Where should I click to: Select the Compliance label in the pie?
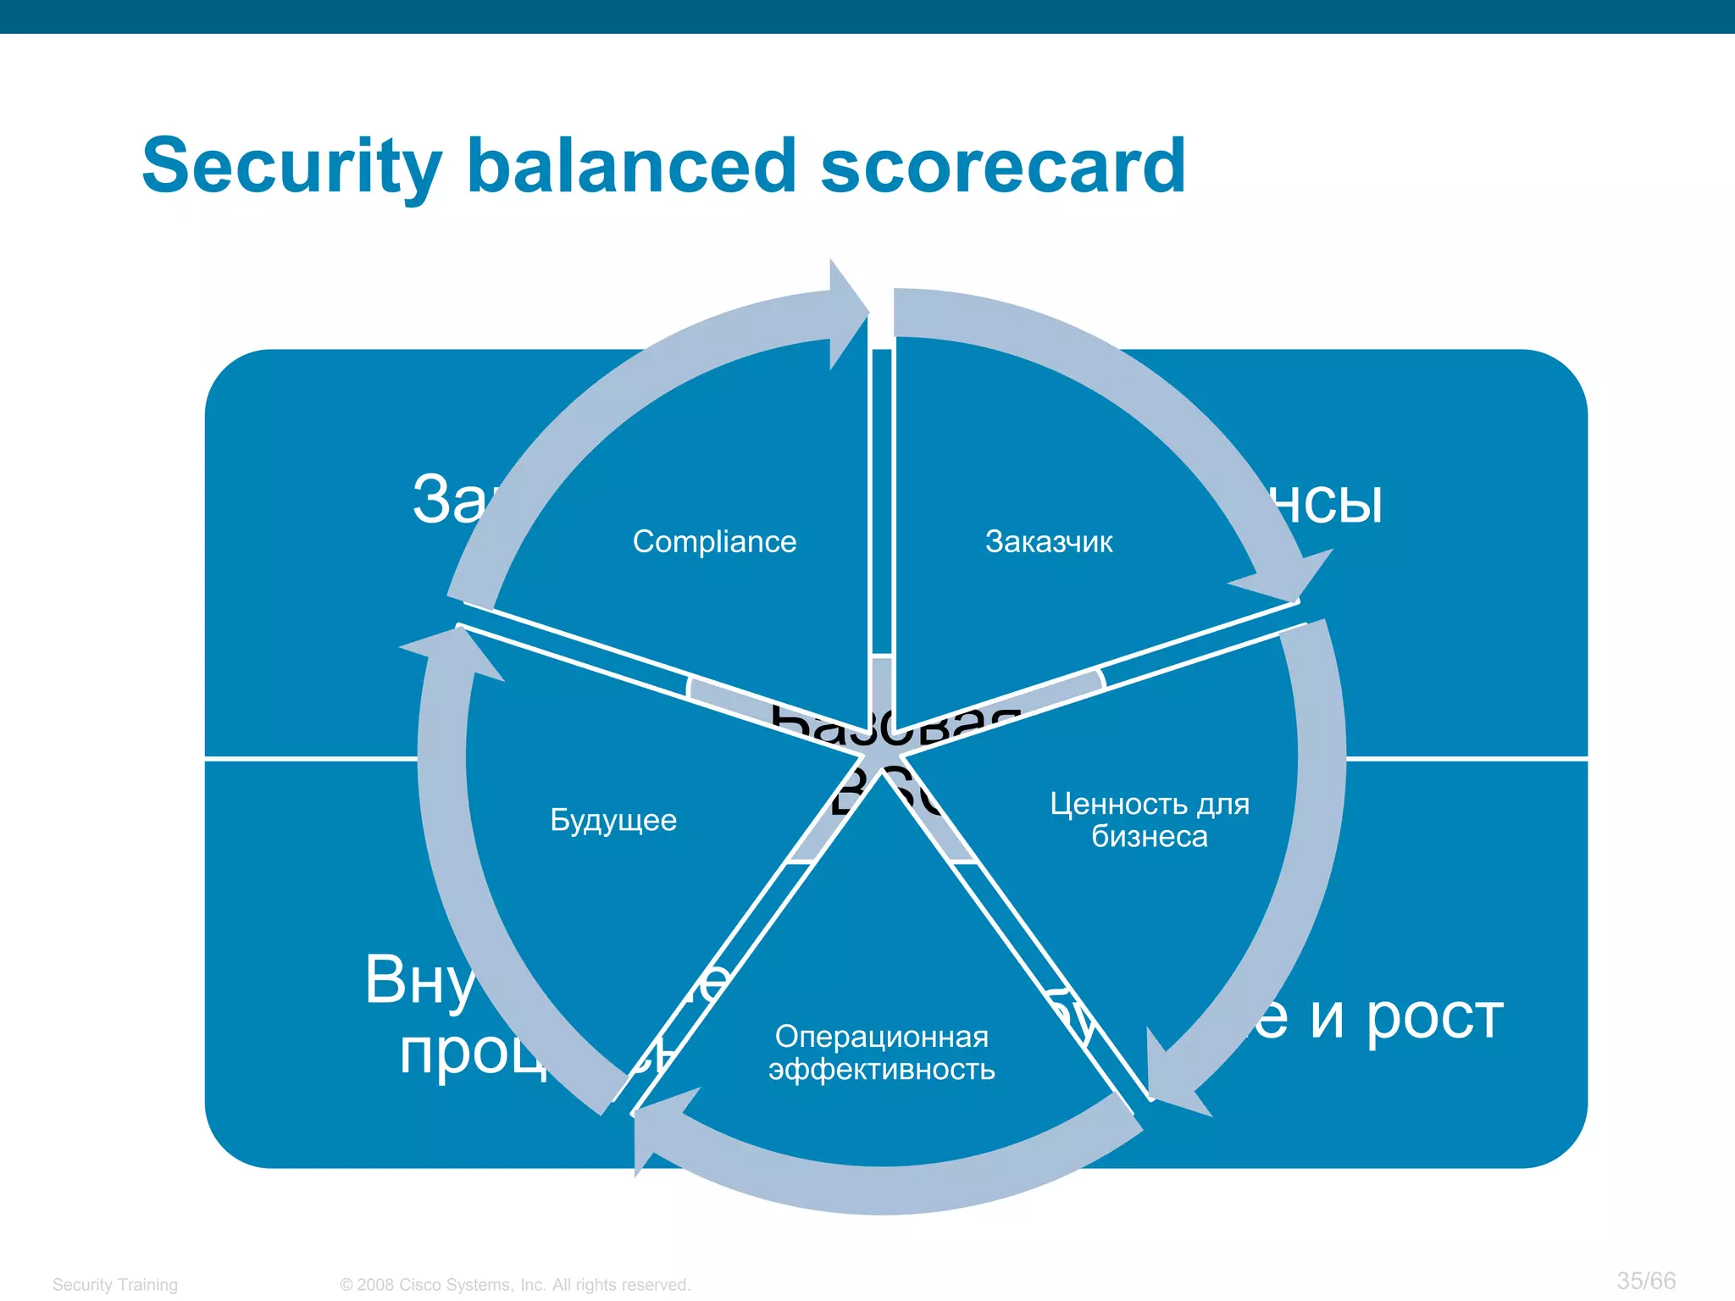[714, 541]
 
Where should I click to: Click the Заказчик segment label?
[1049, 541]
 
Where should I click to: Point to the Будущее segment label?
[613, 820]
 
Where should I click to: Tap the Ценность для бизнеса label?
[1150, 820]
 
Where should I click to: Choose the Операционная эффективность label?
[881, 1053]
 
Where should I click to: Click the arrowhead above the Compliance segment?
[847, 313]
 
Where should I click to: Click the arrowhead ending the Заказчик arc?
[1288, 576]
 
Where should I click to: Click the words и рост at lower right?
[1406, 1016]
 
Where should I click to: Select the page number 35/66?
[1646, 1281]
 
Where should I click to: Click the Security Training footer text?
[115, 1285]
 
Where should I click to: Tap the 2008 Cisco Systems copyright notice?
[515, 1285]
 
